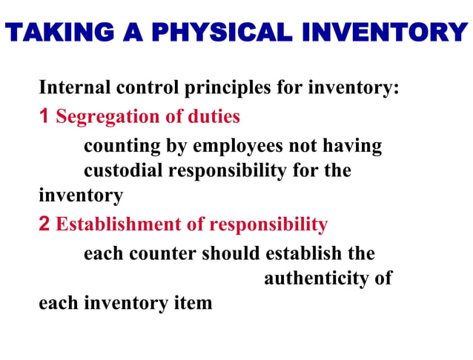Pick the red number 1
[44, 116]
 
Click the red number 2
[44, 224]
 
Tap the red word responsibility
[268, 224]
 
